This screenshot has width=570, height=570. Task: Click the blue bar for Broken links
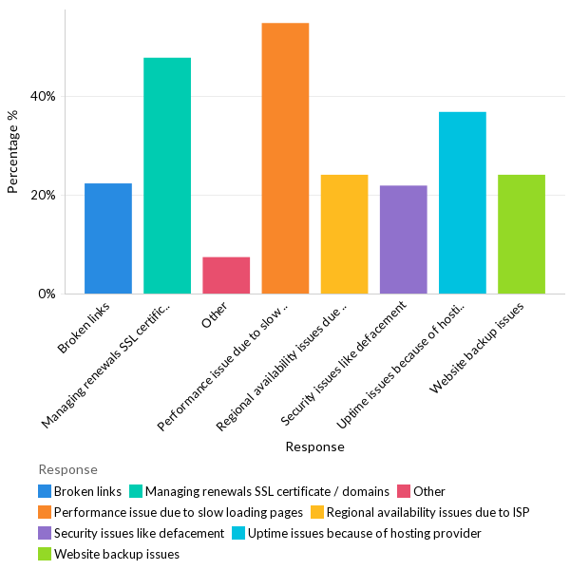tap(108, 238)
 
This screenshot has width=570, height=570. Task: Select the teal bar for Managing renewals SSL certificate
tap(167, 176)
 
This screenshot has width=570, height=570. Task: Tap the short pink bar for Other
tap(226, 275)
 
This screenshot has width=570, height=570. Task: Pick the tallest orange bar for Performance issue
tap(285, 159)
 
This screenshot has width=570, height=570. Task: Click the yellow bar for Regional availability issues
tap(344, 235)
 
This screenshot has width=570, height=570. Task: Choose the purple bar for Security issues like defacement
tap(403, 239)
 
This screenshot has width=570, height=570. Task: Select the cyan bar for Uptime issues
tap(463, 203)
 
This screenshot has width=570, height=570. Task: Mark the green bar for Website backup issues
tap(522, 235)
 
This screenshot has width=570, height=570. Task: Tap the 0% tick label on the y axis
tap(47, 294)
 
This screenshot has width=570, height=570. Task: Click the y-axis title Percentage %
tap(13, 152)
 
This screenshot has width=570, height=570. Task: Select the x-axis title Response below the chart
tap(314, 446)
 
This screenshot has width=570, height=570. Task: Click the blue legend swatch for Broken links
tap(45, 491)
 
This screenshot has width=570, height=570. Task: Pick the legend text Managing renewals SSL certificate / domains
tap(267, 491)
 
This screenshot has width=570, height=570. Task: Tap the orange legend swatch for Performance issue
tap(45, 512)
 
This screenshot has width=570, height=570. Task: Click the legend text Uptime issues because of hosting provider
tap(365, 533)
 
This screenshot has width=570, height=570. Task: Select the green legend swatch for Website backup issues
tap(45, 554)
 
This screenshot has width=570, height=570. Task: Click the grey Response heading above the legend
tap(67, 469)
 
